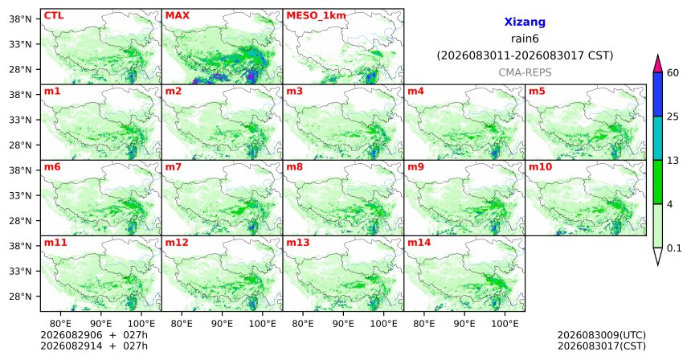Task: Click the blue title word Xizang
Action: tap(525, 22)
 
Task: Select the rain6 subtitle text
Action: tap(525, 39)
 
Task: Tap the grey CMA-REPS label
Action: tap(525, 72)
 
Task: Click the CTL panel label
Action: tap(54, 15)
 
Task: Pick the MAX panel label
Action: tap(177, 15)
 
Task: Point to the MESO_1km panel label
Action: tap(316, 16)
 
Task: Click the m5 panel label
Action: tap(537, 92)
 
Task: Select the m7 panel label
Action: tap(174, 167)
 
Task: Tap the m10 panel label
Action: tap(540, 167)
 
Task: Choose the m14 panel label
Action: tap(419, 243)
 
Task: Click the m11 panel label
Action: tap(55, 243)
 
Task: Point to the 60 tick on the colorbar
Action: tap(673, 73)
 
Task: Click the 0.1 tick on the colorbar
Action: tap(674, 248)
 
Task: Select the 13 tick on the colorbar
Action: tap(673, 161)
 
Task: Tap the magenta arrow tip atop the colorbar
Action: tap(658, 55)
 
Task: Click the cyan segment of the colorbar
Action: tap(658, 138)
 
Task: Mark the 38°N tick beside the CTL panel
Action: tap(20, 19)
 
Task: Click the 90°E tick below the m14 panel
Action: tap(464, 324)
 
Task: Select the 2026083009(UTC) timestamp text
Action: tap(602, 335)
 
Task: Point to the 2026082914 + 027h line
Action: tap(94, 346)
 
